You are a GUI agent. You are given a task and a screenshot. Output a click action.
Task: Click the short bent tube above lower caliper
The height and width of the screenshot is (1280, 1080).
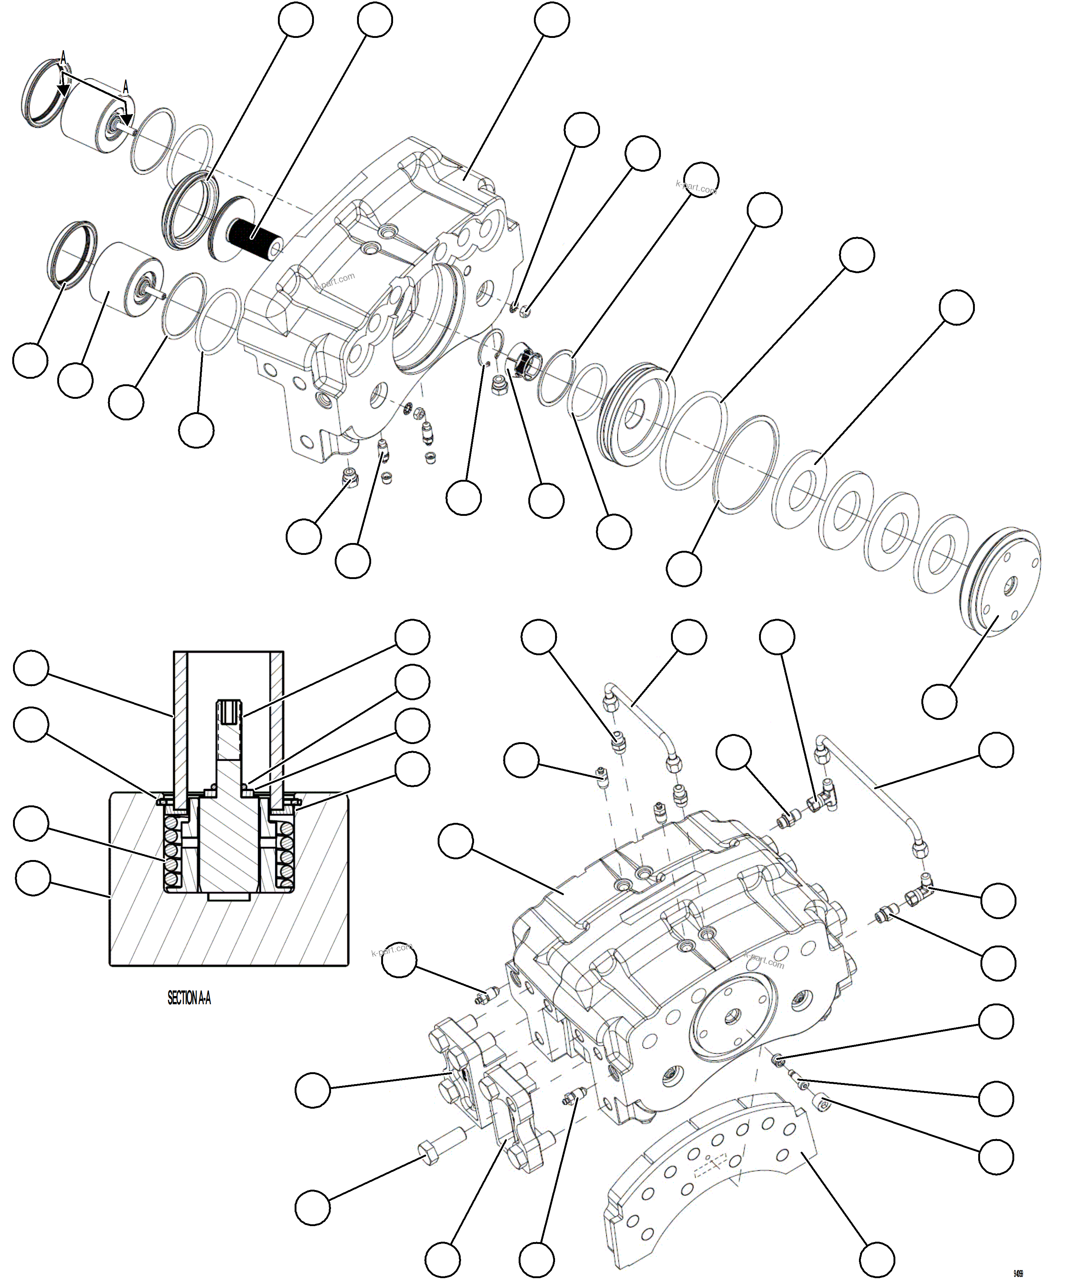(643, 717)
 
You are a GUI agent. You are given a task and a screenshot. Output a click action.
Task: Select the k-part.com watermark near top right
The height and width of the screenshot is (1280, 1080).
(696, 187)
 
